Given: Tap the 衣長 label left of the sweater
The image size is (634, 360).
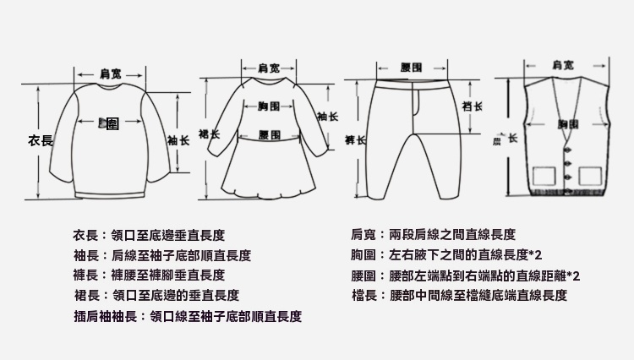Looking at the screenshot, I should tap(41, 140).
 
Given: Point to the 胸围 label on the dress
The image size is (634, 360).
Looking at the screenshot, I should tap(269, 106).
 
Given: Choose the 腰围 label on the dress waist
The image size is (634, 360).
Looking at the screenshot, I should tap(269, 134).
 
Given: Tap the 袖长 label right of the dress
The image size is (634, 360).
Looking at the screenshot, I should tap(328, 116).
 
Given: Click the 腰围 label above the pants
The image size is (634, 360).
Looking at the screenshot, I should tap(412, 67).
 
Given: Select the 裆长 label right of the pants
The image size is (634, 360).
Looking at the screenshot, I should tap(473, 106).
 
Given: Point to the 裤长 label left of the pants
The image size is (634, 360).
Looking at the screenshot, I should tap(355, 138).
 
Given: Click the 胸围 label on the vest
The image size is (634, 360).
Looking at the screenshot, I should tap(568, 124).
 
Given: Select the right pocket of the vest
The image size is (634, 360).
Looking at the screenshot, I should tap(588, 175).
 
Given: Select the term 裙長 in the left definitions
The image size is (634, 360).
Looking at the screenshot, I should tap(87, 296).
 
